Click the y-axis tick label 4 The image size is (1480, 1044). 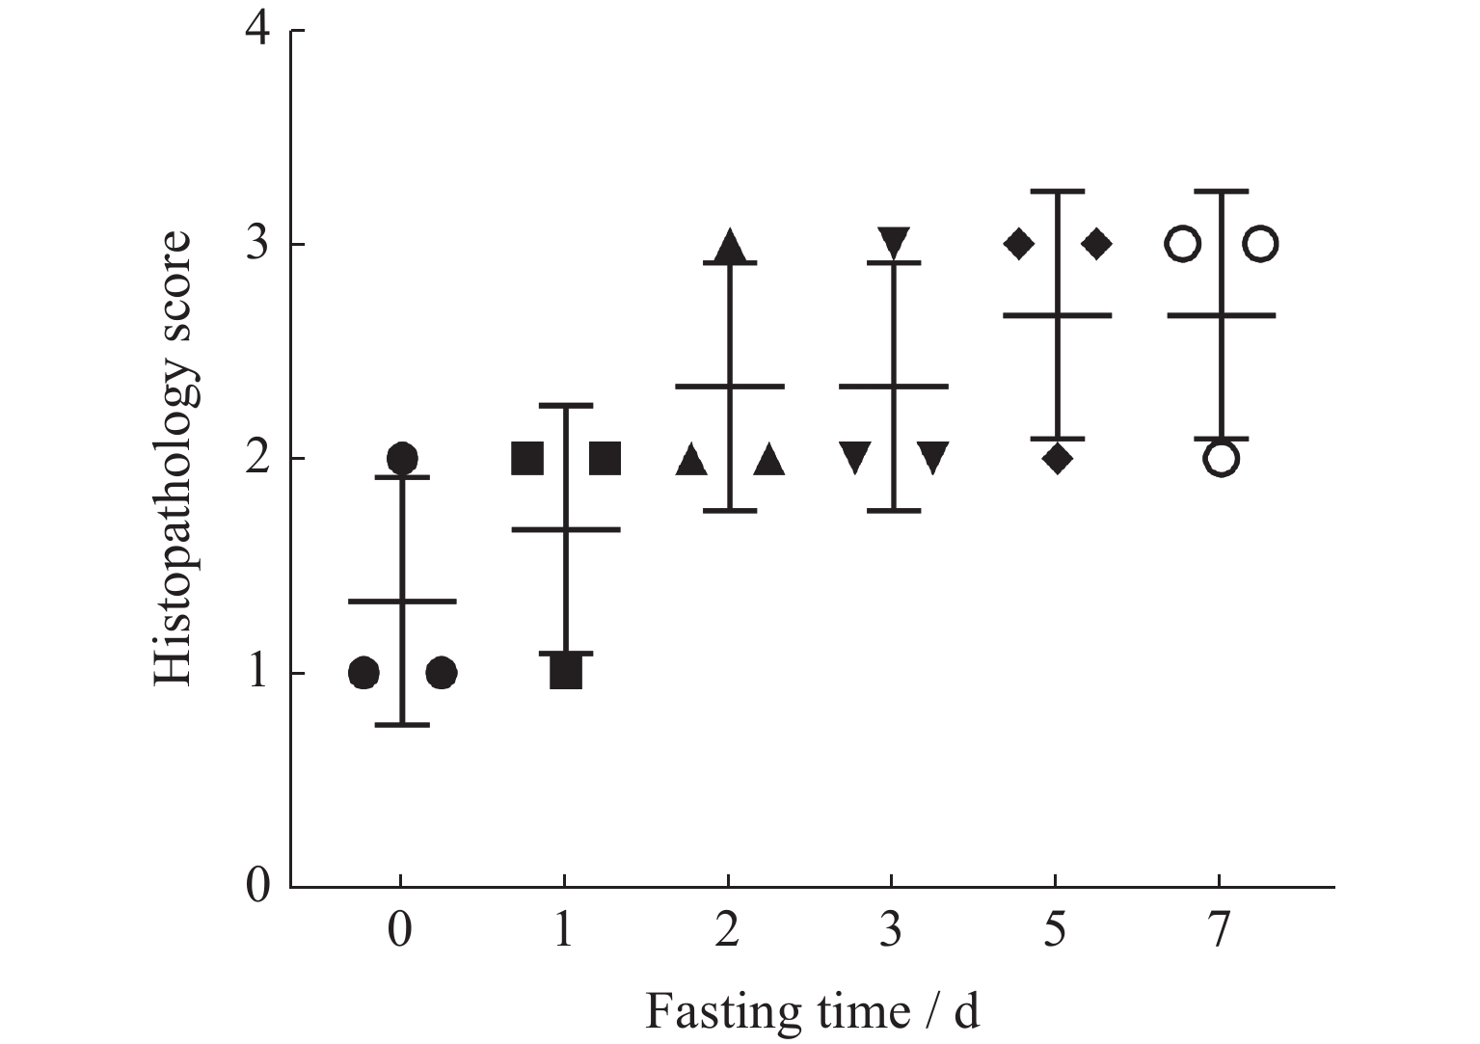tap(257, 31)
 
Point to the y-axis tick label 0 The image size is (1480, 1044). tap(257, 885)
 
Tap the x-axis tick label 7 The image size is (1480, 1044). tap(1220, 931)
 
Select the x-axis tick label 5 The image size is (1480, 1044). tap(1056, 931)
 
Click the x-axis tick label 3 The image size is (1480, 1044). tap(892, 931)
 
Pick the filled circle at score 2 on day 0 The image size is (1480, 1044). tap(402, 458)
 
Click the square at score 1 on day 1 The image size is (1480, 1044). tap(566, 672)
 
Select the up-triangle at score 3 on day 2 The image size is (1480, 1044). tap(730, 247)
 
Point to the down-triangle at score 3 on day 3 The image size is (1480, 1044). tap(894, 241)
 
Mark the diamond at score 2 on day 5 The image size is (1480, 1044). tap(1058, 458)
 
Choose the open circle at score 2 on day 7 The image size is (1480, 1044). tap(1221, 458)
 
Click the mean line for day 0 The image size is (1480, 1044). tap(402, 601)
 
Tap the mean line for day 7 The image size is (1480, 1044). tap(1221, 315)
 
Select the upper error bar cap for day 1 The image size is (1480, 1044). tap(565, 405)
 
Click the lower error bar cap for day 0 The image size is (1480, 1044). tap(402, 724)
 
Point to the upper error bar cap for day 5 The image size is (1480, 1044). tap(1058, 192)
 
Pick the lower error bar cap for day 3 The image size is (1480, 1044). tap(894, 510)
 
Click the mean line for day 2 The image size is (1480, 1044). tap(730, 386)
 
